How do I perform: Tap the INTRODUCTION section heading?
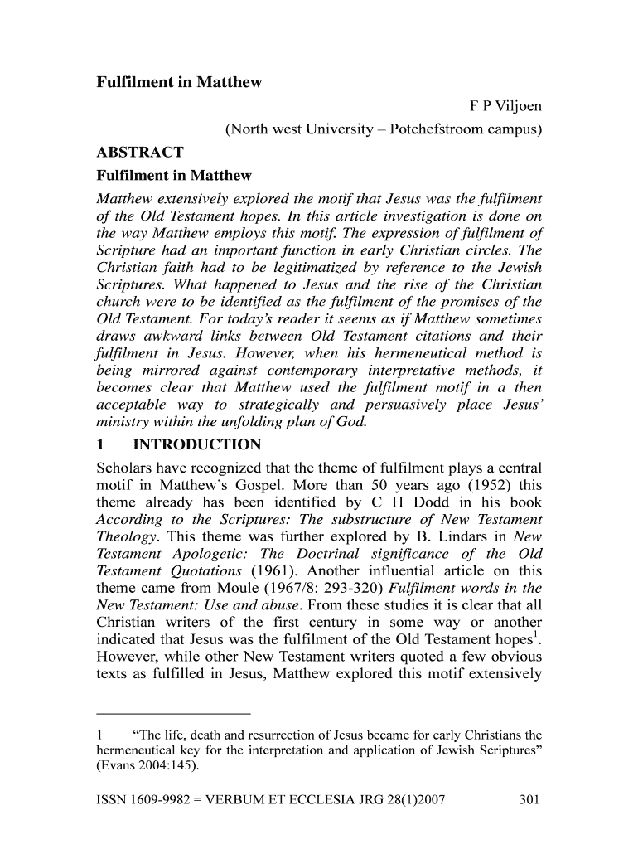tap(196, 444)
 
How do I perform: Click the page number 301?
tap(529, 800)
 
